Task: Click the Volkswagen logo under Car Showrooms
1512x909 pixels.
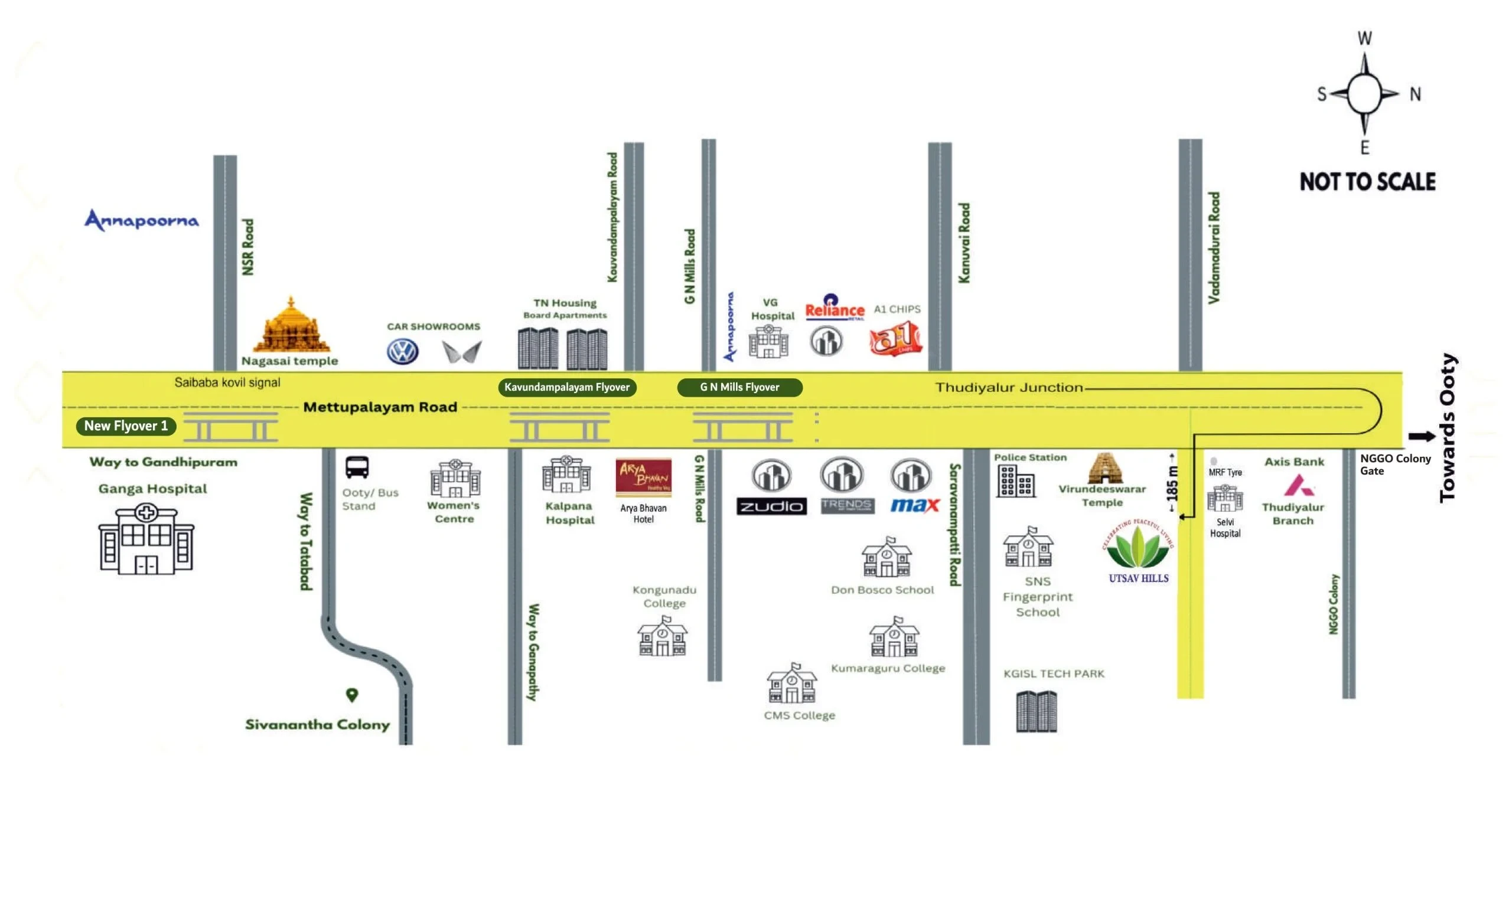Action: tap(402, 352)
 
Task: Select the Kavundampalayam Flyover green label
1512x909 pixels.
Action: tap(567, 387)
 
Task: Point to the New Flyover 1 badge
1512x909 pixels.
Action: tap(126, 426)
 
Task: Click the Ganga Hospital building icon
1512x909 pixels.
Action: tap(146, 538)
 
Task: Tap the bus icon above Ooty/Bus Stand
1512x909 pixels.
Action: tap(357, 467)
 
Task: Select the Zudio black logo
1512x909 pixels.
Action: tap(771, 506)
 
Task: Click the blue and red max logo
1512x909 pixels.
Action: tap(914, 505)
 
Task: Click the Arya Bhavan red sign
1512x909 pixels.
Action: tap(643, 477)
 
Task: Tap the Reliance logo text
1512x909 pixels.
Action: tap(834, 310)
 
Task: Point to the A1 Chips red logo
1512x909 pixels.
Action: tap(895, 339)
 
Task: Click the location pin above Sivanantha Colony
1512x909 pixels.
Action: tap(352, 695)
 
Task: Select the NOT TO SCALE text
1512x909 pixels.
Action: tap(1367, 182)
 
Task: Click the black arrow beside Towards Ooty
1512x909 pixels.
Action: tap(1421, 436)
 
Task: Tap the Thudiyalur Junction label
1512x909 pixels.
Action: tap(1008, 387)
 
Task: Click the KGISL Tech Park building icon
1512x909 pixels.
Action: tap(1036, 711)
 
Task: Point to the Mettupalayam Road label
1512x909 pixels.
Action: tap(380, 407)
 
